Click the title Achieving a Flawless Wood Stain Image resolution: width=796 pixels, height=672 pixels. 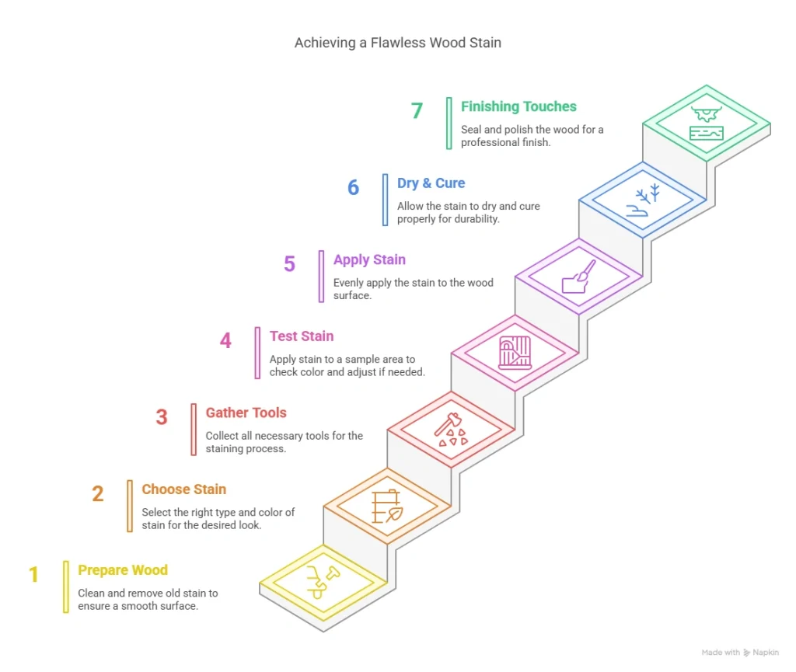(397, 43)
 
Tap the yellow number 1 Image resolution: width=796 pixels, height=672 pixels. (33, 575)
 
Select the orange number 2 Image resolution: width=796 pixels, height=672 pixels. (97, 494)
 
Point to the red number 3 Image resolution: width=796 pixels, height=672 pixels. (161, 417)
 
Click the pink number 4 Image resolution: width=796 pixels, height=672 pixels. (225, 341)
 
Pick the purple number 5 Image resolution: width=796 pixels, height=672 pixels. (289, 264)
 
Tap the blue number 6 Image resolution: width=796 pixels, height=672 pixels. (353, 188)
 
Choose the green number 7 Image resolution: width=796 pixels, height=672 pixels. (417, 111)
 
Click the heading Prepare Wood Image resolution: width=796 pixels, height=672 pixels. (123, 570)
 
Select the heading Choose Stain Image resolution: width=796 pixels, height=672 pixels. (184, 489)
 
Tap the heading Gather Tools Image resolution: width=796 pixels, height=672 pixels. (246, 413)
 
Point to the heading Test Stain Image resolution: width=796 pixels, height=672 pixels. (302, 336)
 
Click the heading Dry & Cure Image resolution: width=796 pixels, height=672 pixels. (431, 183)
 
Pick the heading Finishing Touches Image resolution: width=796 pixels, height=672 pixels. (518, 106)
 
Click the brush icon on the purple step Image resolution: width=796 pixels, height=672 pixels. (579, 277)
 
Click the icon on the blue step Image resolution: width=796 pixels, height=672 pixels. (643, 200)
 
